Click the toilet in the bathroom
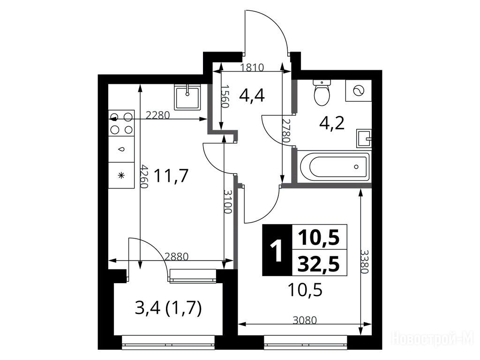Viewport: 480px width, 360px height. tap(322, 92)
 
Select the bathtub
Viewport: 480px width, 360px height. tap(335, 166)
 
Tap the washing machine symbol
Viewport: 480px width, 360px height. tap(359, 90)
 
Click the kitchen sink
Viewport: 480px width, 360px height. tap(187, 97)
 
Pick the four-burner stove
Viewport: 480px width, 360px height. tap(121, 123)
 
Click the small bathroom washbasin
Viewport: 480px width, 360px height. tap(364, 138)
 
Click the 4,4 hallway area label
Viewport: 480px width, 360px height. tap(252, 95)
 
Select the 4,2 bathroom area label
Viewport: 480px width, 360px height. tap(332, 123)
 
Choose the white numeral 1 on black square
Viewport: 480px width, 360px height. tap(277, 250)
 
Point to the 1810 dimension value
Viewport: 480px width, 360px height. tap(252, 67)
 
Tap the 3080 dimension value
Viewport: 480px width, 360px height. tap(305, 320)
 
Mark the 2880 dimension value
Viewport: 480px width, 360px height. tap(176, 256)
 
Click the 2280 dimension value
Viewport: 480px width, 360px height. tap(157, 115)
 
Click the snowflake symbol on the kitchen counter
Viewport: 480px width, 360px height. tap(121, 175)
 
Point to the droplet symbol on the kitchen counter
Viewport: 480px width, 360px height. tap(122, 150)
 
